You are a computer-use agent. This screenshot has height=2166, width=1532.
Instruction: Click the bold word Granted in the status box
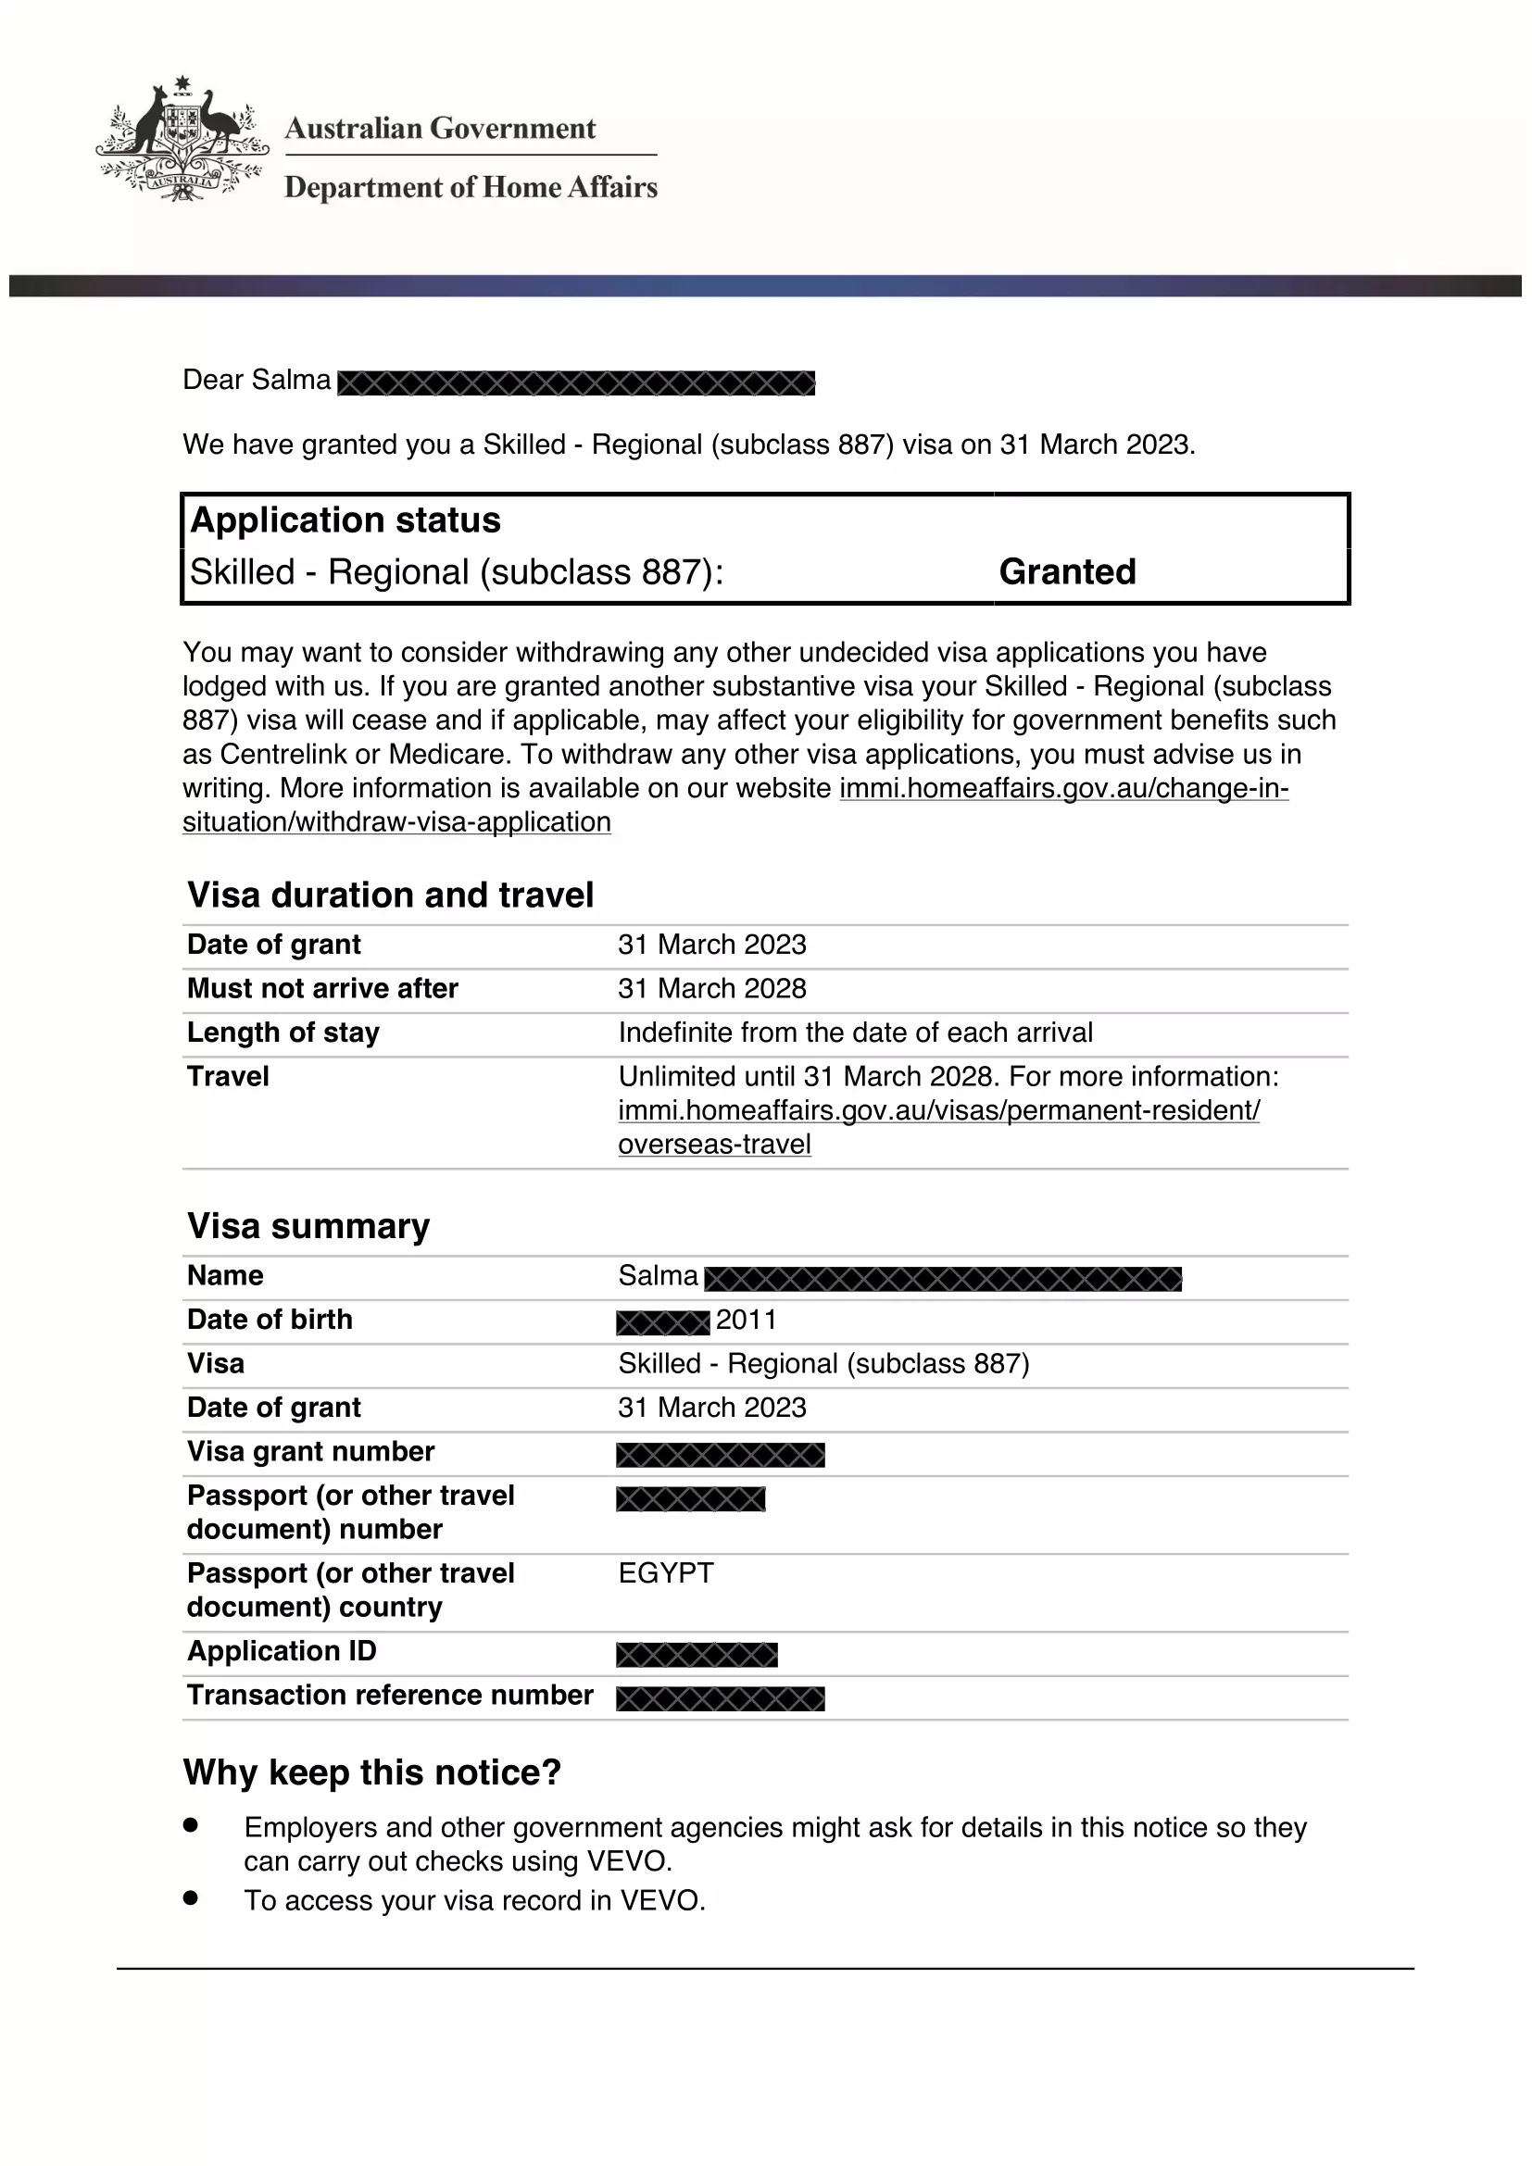1067,571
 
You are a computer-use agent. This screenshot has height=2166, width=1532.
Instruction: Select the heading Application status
345,520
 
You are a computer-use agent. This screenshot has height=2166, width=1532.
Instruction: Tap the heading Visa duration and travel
391,895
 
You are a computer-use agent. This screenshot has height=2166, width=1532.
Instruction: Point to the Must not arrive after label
322,988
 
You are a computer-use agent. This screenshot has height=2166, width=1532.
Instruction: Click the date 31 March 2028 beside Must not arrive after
712,988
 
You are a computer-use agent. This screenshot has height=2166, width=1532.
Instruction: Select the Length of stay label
283,1032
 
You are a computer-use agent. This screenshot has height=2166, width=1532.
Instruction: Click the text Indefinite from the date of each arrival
856,1032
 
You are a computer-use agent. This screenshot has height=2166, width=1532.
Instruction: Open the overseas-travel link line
714,1145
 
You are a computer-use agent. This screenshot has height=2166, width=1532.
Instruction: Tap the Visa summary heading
308,1225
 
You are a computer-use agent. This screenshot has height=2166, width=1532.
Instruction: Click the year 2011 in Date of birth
747,1319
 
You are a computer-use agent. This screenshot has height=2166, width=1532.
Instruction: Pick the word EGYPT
666,1572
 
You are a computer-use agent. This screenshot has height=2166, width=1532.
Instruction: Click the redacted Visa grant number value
721,1455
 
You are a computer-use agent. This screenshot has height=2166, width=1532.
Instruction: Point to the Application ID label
283,1650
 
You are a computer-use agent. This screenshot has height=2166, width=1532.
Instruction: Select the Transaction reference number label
391,1695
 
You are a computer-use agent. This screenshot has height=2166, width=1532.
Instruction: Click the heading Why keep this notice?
372,1772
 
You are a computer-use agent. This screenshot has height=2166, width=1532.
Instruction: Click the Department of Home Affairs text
471,187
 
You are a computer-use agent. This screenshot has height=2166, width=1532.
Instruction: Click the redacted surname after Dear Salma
575,383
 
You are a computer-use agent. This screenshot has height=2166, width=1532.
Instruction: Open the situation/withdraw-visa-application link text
397,821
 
